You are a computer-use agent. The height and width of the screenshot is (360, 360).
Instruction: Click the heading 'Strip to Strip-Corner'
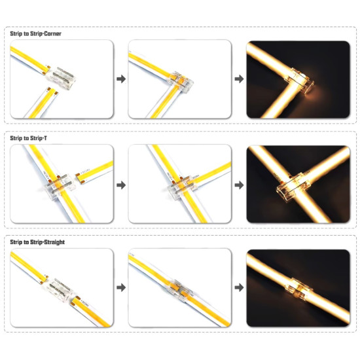(x=36, y=33)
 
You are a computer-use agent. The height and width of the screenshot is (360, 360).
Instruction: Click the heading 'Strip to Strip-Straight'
(x=37, y=242)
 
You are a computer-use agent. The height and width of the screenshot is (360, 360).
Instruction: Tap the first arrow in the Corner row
(x=120, y=79)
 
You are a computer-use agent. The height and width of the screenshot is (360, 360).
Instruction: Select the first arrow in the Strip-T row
(x=120, y=185)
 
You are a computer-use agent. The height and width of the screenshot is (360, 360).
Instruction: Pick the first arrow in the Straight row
(x=120, y=287)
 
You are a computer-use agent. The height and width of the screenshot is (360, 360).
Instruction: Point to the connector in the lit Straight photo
(x=298, y=288)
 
